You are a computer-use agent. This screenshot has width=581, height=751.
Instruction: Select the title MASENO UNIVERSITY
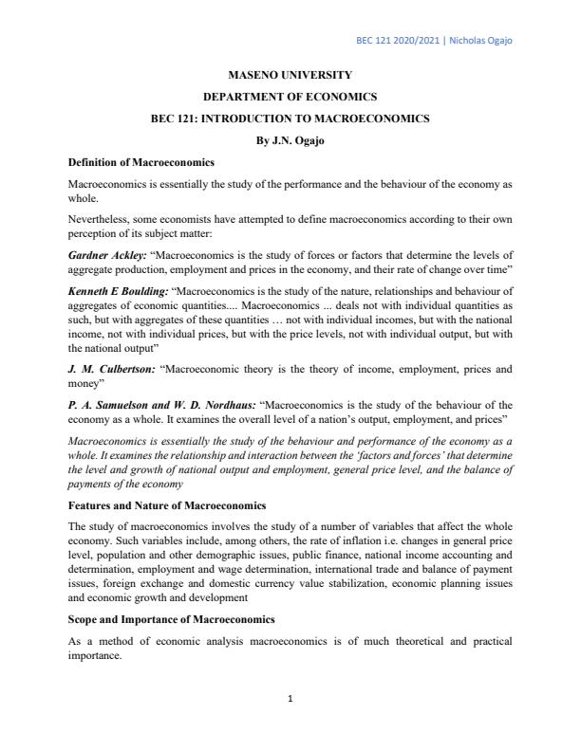290,74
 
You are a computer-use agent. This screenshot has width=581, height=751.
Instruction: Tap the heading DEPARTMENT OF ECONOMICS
290,97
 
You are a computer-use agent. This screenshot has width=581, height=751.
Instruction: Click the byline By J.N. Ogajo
290,140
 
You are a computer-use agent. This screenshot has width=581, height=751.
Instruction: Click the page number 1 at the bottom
290,700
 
